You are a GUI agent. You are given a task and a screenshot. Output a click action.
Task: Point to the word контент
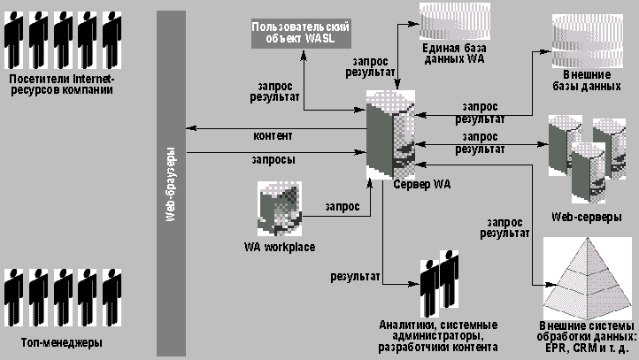[273, 135]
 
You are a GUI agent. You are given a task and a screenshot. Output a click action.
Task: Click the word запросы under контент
[274, 160]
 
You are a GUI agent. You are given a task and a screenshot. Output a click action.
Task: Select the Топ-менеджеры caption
[60, 341]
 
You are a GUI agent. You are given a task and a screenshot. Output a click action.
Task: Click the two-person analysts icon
[440, 280]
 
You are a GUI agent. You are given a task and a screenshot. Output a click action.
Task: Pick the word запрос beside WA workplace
[342, 206]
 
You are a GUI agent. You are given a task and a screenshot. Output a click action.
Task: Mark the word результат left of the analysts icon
[355, 276]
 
